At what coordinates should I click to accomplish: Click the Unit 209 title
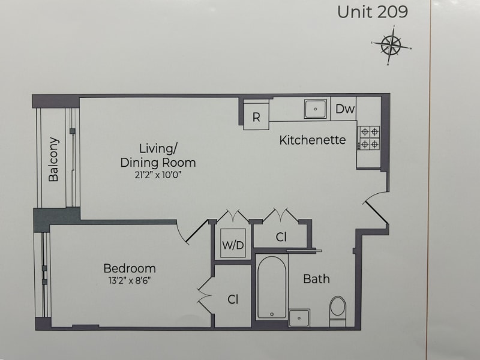[x=372, y=12]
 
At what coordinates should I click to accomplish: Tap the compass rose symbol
[x=391, y=46]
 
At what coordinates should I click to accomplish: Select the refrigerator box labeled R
[x=256, y=118]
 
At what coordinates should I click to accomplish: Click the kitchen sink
[x=315, y=109]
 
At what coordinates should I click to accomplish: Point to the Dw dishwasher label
[x=345, y=109]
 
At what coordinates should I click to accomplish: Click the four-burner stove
[x=368, y=138]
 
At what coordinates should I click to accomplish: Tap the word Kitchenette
[x=312, y=140]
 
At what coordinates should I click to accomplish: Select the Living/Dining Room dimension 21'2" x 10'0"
[x=158, y=175]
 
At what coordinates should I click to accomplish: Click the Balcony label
[x=54, y=160]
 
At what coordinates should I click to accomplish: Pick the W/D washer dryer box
[x=233, y=244]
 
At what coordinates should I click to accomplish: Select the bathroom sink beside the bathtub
[x=299, y=317]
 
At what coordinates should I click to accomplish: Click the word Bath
[x=316, y=279]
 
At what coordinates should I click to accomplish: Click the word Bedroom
[x=129, y=268]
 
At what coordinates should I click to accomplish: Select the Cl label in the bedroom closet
[x=233, y=298]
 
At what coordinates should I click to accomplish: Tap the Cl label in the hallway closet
[x=281, y=237]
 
